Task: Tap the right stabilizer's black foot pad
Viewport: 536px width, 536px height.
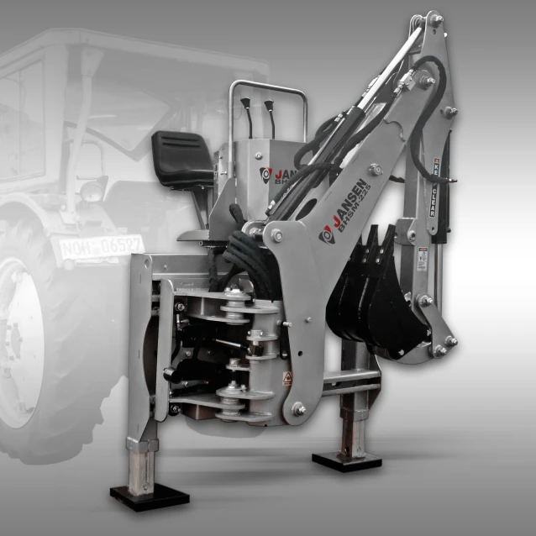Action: click(346, 460)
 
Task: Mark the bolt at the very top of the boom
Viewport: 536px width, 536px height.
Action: click(435, 18)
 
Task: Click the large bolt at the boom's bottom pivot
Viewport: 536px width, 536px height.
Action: click(297, 408)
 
